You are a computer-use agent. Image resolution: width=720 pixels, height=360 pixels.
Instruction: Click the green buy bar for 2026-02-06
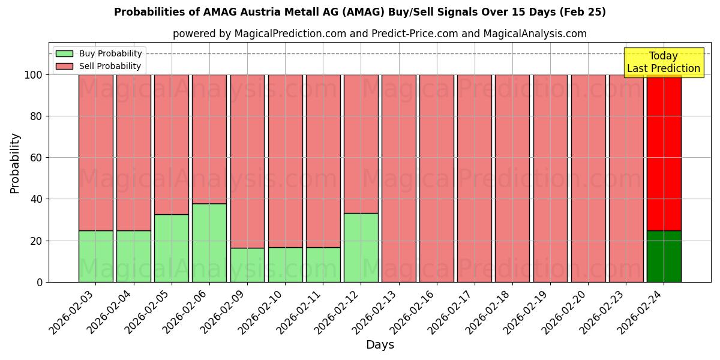click(209, 242)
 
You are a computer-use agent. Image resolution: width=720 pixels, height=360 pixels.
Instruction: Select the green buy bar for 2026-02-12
click(361, 247)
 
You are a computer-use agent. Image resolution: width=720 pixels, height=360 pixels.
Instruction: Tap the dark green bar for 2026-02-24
click(664, 256)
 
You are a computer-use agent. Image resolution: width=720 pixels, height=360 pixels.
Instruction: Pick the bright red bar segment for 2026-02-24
click(664, 152)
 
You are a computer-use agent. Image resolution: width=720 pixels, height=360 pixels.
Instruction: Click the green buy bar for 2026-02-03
click(96, 256)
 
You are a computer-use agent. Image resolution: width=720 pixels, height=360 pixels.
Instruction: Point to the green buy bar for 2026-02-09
click(247, 265)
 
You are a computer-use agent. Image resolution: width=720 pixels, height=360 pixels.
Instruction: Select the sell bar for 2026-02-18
click(512, 178)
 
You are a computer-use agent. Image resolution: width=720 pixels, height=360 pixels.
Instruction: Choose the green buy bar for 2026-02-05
click(172, 248)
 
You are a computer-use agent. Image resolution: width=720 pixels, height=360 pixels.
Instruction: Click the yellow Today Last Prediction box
click(664, 62)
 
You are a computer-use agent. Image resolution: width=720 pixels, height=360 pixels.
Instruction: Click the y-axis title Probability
click(15, 163)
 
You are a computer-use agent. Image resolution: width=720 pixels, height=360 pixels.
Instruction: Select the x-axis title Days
click(380, 345)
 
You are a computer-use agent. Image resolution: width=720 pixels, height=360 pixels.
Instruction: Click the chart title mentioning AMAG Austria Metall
click(360, 12)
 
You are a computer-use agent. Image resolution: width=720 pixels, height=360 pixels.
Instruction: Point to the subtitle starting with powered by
click(380, 34)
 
